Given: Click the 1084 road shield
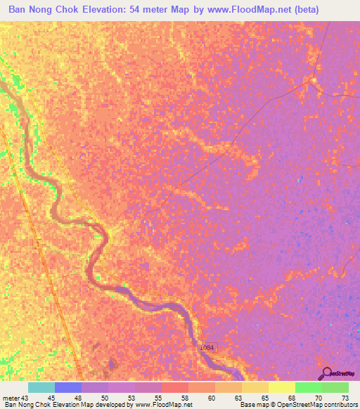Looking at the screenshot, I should point(206,349).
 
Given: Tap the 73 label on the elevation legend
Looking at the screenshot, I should point(345,398).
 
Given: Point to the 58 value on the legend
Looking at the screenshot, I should point(184,398).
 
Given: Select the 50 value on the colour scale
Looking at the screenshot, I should point(104,398).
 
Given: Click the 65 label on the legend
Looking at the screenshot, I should point(264,398).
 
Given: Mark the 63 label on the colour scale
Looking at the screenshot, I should point(238,398).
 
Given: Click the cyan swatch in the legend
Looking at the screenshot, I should point(41,387).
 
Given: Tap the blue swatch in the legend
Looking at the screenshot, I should point(68,387).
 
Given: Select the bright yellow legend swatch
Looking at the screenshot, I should point(282,387).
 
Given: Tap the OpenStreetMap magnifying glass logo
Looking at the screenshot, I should point(327,372).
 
